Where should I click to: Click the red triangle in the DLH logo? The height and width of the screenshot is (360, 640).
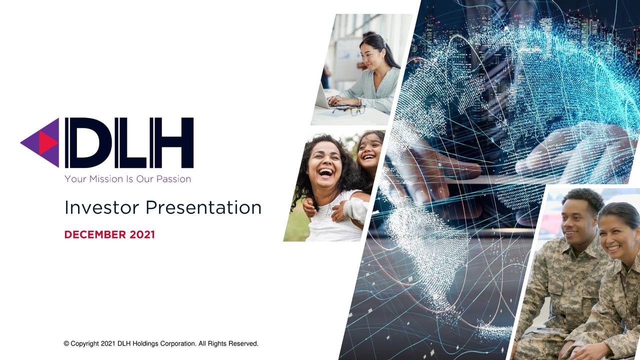[x=48, y=142]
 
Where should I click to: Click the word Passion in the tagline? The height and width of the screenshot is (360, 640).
[x=173, y=178]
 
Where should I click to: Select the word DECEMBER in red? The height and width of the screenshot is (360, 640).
[x=95, y=234]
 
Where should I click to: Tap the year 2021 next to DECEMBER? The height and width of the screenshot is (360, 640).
[x=142, y=234]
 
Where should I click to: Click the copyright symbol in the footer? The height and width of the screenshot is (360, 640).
[x=66, y=343]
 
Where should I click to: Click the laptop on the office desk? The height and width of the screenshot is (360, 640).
[x=325, y=97]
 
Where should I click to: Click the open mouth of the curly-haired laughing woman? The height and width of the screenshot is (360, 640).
[x=325, y=172]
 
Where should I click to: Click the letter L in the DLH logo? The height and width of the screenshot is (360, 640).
[x=128, y=142]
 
